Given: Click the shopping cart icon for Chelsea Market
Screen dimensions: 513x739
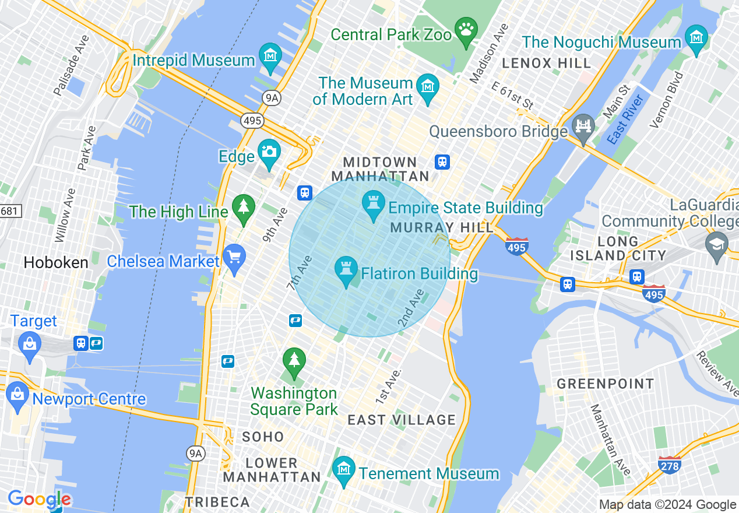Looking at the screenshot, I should coord(234,257).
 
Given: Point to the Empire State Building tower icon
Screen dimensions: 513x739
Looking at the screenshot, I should coord(374,204).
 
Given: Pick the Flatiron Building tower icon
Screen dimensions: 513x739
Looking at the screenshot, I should coord(346,270).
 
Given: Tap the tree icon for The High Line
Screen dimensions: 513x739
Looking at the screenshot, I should coord(244,207).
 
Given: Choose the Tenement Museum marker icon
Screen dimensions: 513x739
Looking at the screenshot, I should coord(344,469).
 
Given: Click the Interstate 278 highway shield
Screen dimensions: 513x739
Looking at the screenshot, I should coord(670,465).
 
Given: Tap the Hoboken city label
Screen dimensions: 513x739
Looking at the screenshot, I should coord(56,262).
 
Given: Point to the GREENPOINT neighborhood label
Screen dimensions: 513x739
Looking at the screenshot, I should coord(606,384).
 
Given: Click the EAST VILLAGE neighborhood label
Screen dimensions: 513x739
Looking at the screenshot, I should coord(402,420).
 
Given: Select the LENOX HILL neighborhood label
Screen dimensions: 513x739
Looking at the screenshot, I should coord(547,62).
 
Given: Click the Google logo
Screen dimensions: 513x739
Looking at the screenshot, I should coord(39,500).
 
